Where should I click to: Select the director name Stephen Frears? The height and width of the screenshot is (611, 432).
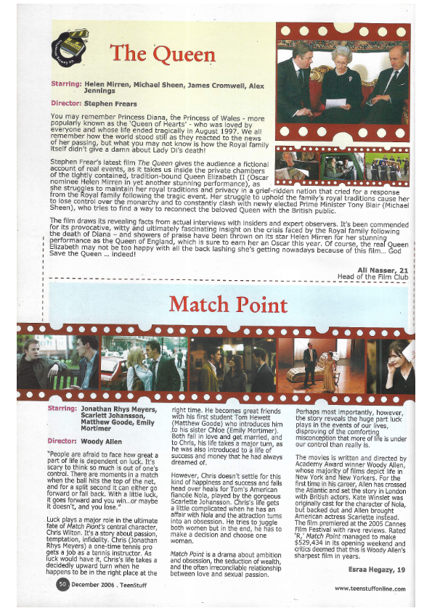(111, 103)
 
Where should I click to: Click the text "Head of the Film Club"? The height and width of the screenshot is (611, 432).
(370, 277)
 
